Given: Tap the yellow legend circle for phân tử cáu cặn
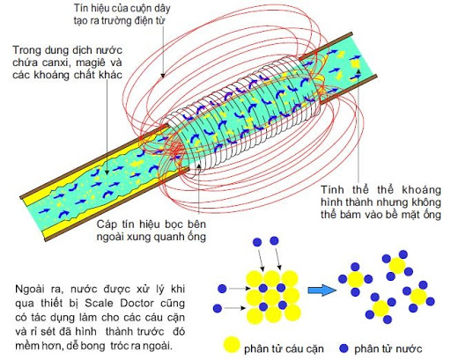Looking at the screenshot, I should click(230, 342).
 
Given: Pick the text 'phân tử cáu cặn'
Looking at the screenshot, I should click(277, 343).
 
